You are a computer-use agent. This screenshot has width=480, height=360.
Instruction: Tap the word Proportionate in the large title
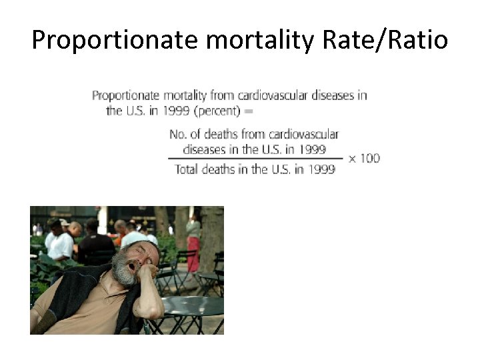pos(115,41)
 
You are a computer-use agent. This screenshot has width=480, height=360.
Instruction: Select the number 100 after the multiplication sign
pos(371,158)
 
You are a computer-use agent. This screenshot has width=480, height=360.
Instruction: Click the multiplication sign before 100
pos(352,159)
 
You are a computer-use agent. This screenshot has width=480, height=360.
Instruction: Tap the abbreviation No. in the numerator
pos(178,135)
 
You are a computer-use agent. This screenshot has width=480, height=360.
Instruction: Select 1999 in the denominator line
pos(323,169)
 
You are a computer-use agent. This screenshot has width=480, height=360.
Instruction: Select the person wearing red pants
pos(193,247)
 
